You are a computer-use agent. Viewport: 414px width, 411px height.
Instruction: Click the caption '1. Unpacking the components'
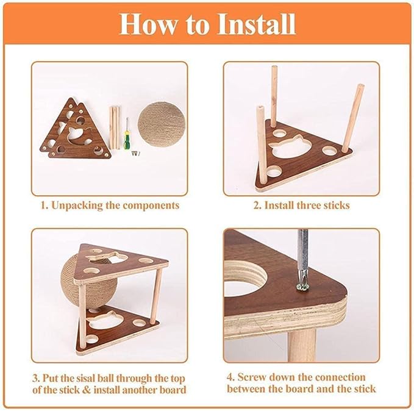110,205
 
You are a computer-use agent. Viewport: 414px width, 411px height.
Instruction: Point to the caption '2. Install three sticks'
301,205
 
